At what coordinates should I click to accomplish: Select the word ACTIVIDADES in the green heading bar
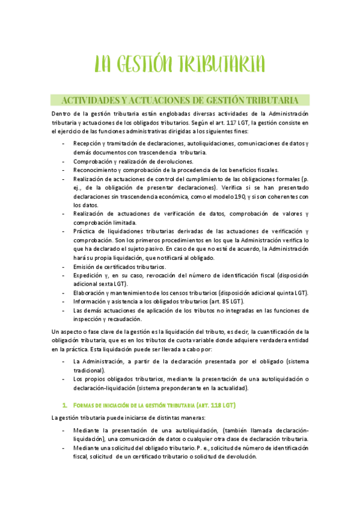point(88,100)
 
